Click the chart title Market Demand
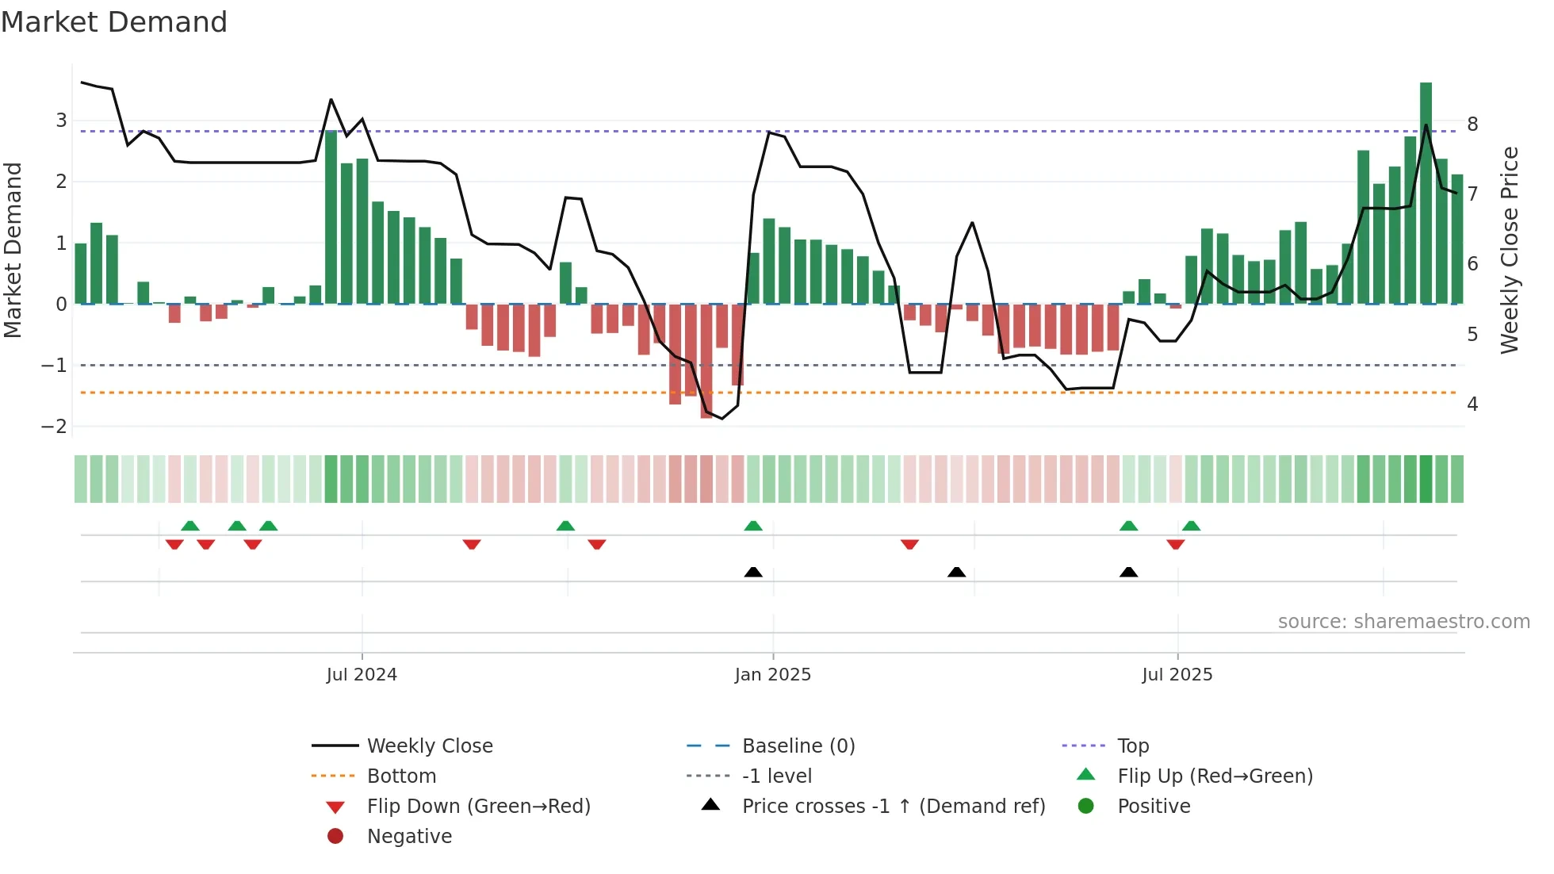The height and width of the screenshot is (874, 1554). pyautogui.click(x=114, y=22)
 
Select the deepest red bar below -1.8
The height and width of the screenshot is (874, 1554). pyautogui.click(x=706, y=361)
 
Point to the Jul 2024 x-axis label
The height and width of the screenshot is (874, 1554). pyautogui.click(x=362, y=675)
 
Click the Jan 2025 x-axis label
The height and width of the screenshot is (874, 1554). pyautogui.click(x=773, y=675)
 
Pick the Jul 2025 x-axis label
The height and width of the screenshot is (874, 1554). pyautogui.click(x=1177, y=675)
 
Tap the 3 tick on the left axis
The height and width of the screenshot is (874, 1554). pyautogui.click(x=61, y=121)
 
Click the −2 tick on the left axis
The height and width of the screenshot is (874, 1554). pyautogui.click(x=55, y=427)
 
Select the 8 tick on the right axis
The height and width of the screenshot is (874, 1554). pyautogui.click(x=1472, y=125)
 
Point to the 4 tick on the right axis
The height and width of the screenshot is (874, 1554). pyautogui.click(x=1472, y=404)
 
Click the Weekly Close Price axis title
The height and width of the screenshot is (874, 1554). pyautogui.click(x=1510, y=250)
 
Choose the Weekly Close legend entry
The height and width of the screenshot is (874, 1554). pyautogui.click(x=430, y=746)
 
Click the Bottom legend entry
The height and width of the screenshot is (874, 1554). pyautogui.click(x=401, y=776)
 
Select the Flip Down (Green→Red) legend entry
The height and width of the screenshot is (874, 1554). pyautogui.click(x=478, y=807)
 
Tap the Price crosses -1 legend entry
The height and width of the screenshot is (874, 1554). pyautogui.click(x=894, y=807)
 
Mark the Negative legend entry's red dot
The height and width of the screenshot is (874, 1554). pyautogui.click(x=335, y=837)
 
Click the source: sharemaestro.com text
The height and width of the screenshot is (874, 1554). pyautogui.click(x=1403, y=622)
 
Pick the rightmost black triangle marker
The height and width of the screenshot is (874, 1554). pyautogui.click(x=1128, y=572)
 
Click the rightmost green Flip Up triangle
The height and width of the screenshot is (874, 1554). pyautogui.click(x=1191, y=526)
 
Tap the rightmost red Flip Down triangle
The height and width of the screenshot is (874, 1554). pyautogui.click(x=1176, y=544)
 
